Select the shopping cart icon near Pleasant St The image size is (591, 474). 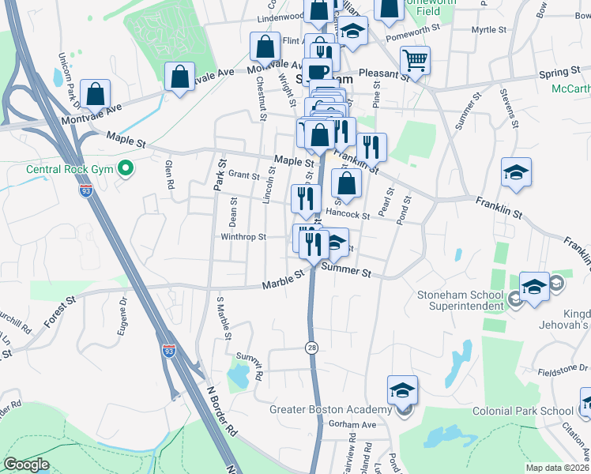[x=415, y=59]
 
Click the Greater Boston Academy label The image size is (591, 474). [x=331, y=409]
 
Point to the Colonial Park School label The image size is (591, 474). [x=523, y=411]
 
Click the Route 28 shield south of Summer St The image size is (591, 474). [x=313, y=347]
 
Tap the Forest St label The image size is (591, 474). [x=59, y=303]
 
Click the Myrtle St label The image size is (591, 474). [x=488, y=30]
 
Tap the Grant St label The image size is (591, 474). [x=243, y=175]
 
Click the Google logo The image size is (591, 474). [x=25, y=464]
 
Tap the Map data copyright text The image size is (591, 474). [x=557, y=468]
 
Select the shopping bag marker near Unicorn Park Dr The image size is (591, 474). [x=95, y=93]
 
